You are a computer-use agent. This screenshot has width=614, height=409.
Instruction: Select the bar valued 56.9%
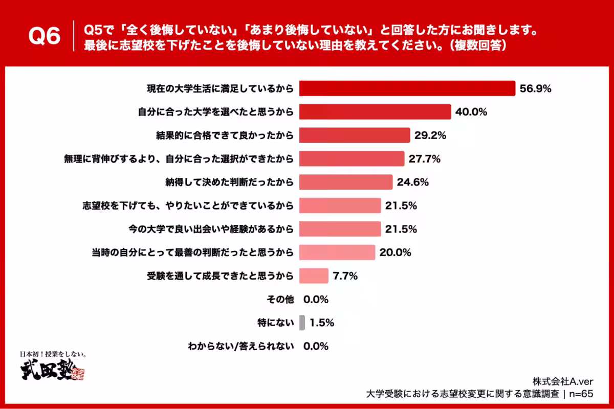pyautogui.click(x=407, y=88)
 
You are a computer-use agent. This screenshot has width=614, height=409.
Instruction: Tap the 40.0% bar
pyautogui.click(x=375, y=112)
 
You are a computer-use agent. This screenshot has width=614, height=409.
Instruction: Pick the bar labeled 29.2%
pyautogui.click(x=355, y=135)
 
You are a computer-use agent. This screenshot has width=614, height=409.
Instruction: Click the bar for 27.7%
pyautogui.click(x=352, y=158)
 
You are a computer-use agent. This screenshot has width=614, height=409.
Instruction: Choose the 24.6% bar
pyautogui.click(x=345, y=182)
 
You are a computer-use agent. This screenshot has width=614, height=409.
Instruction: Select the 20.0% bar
pyautogui.click(x=337, y=252)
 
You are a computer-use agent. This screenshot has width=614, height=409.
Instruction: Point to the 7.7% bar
pyautogui.click(x=313, y=276)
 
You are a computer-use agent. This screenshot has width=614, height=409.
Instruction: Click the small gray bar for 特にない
pyautogui.click(x=302, y=323)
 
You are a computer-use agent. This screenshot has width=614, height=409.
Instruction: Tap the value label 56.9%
pyautogui.click(x=535, y=88)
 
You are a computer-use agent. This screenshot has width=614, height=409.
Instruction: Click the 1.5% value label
pyautogui.click(x=322, y=323)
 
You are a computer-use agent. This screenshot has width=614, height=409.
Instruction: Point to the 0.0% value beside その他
pyautogui.click(x=316, y=299)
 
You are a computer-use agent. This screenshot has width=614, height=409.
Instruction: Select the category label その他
pyautogui.click(x=281, y=299)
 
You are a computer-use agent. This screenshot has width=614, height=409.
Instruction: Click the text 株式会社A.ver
pyautogui.click(x=563, y=381)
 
